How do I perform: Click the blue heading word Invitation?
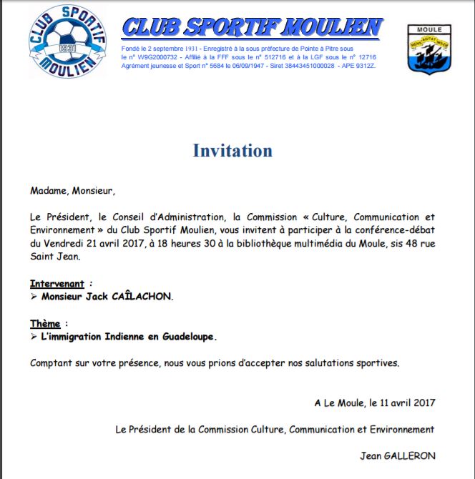point(232,151)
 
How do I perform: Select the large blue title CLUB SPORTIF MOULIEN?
point(252,28)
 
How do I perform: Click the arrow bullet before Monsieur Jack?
point(34,296)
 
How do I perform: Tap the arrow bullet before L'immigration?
point(34,335)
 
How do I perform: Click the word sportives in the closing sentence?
point(375,362)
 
